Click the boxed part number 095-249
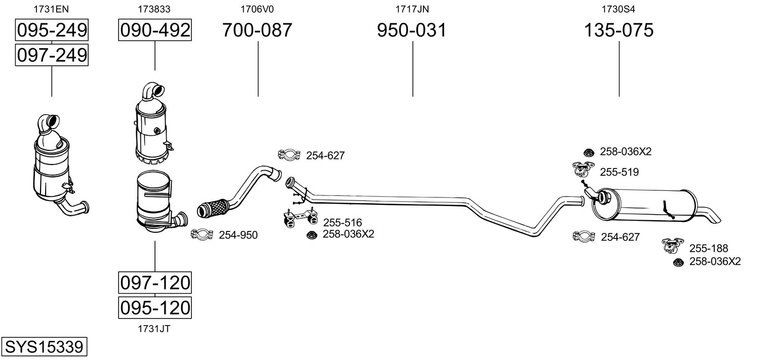click(52, 30)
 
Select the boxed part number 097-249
click(52, 55)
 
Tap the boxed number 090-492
click(154, 30)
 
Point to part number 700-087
click(257, 30)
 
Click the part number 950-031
click(412, 30)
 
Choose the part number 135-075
click(618, 30)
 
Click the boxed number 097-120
click(154, 283)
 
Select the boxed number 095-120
click(154, 307)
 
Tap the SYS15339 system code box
click(44, 347)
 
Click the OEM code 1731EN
click(51, 9)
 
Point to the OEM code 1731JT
click(154, 329)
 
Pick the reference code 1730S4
click(618, 9)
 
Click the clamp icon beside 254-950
click(202, 234)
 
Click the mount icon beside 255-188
click(673, 246)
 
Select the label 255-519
click(619, 172)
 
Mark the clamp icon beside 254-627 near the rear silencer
click(584, 236)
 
